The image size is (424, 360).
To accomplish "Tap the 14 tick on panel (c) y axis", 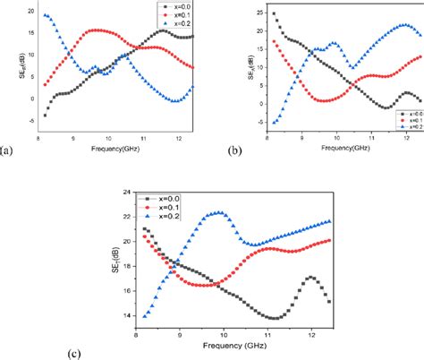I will tap(127, 316).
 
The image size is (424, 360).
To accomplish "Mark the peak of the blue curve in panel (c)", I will tap(217, 212).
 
